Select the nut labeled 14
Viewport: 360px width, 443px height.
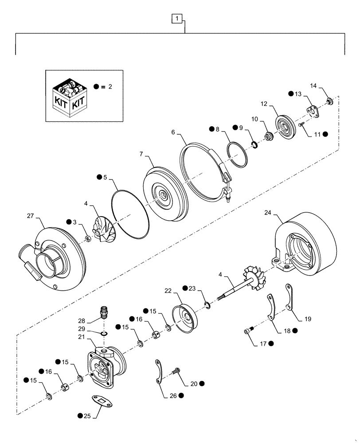click(x=329, y=103)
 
